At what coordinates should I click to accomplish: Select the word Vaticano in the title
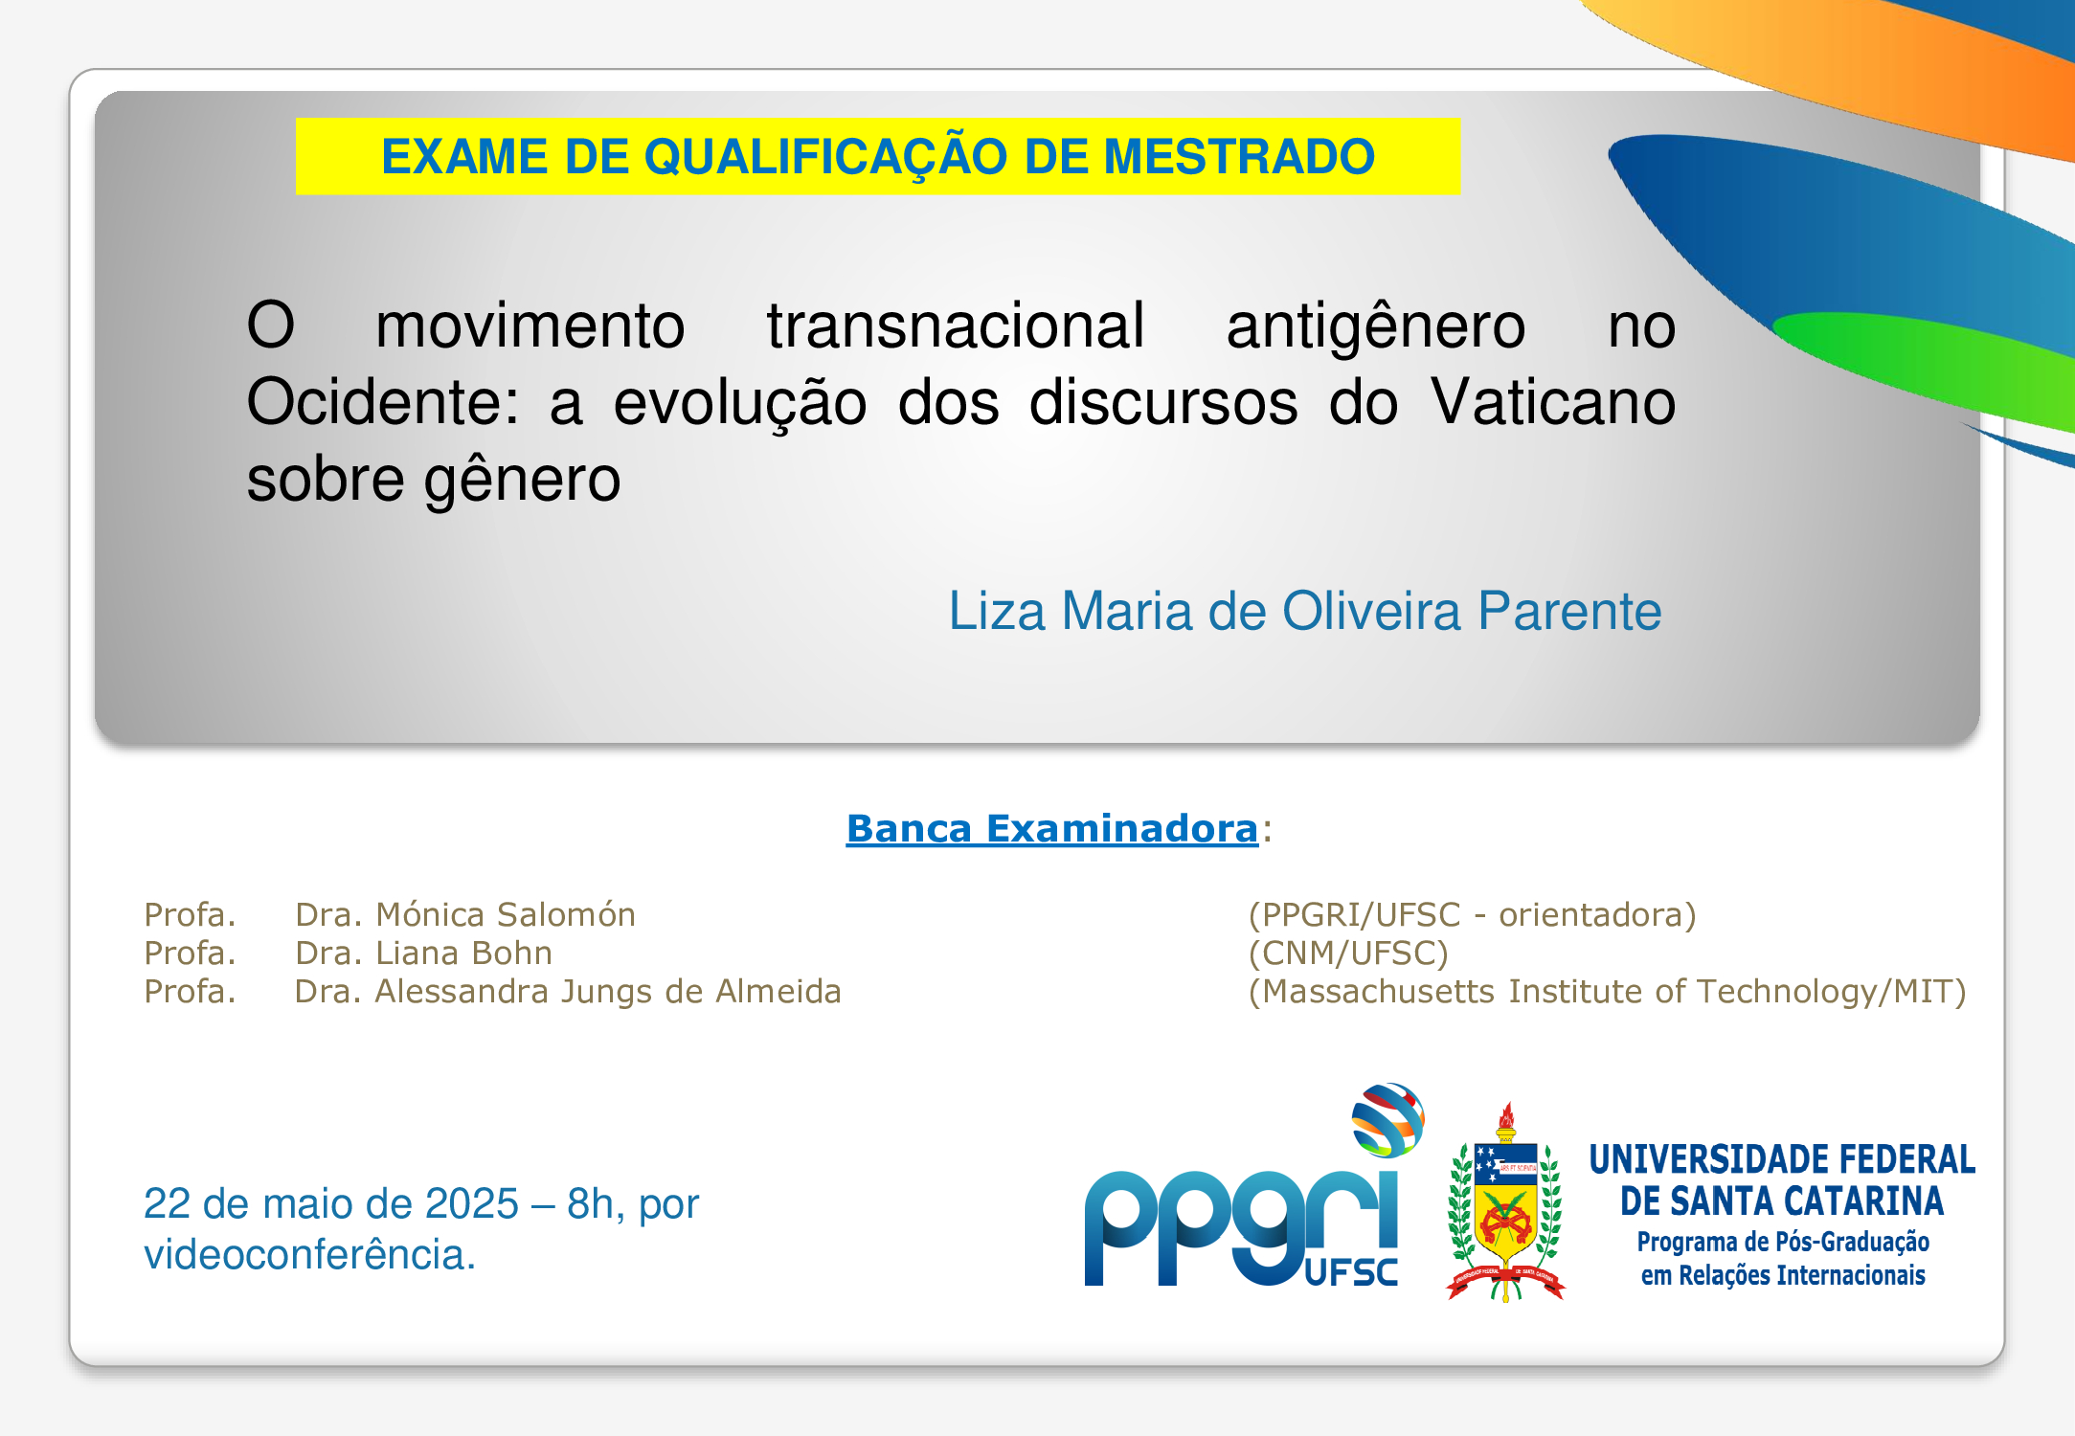click(x=1553, y=401)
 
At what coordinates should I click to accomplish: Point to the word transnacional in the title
click(x=956, y=325)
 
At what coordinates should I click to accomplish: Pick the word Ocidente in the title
click(x=382, y=401)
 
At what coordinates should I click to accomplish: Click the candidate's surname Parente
click(x=1569, y=611)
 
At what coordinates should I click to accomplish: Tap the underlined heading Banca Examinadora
click(x=1051, y=829)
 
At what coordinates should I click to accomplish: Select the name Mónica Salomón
click(x=506, y=914)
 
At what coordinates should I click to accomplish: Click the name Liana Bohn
click(x=463, y=953)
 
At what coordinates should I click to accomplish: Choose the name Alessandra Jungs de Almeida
click(x=608, y=992)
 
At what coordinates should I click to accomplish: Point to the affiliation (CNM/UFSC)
click(x=1348, y=954)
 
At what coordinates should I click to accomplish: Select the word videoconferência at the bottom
click(x=309, y=1254)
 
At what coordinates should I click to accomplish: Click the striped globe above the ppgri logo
click(x=1387, y=1119)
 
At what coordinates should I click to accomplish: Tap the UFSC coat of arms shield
click(x=1506, y=1201)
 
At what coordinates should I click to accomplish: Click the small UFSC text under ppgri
click(x=1351, y=1272)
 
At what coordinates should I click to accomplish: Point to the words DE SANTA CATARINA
click(x=1781, y=1200)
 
